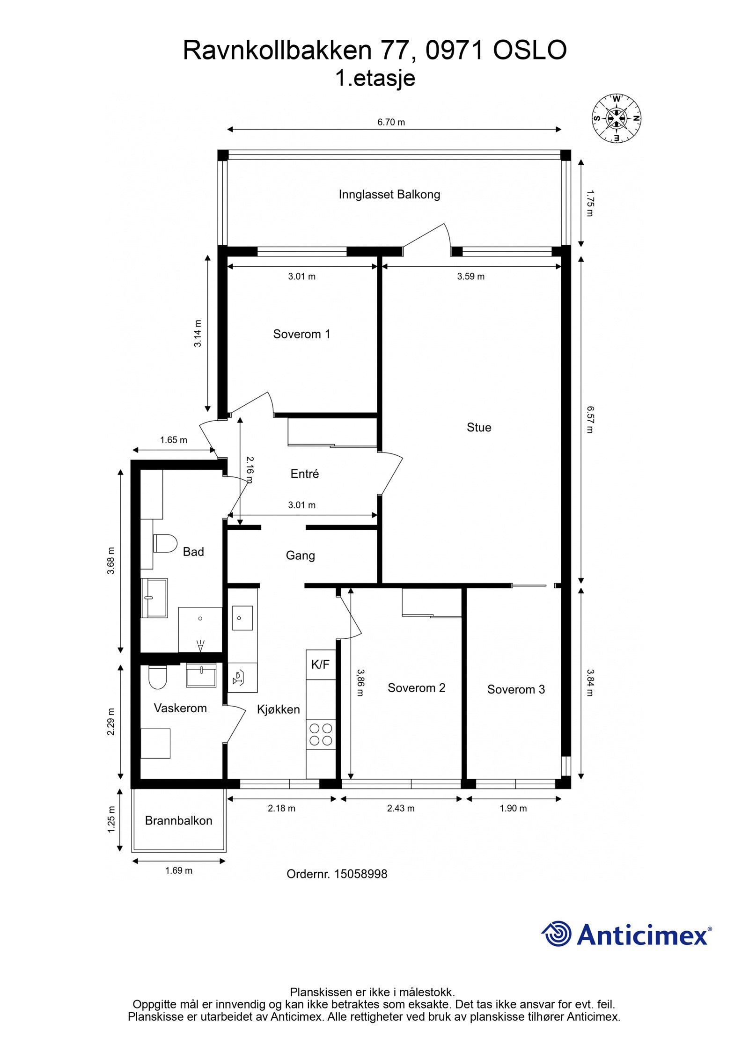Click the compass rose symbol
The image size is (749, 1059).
point(616,118)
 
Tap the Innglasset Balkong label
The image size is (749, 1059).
point(389,194)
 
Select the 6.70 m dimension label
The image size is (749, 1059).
point(391,122)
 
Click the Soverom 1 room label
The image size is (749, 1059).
point(301,334)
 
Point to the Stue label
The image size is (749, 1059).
point(478,427)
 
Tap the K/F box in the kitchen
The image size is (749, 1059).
point(320,664)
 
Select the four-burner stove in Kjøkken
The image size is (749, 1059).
point(321,734)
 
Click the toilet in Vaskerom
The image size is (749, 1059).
point(157,677)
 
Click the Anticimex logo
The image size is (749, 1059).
point(626,935)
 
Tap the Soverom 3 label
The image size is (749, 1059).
point(515,689)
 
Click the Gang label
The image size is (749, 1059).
point(300,555)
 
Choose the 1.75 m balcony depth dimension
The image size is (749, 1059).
point(589,203)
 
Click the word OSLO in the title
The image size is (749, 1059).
point(529,50)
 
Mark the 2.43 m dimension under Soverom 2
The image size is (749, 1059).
point(401,808)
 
